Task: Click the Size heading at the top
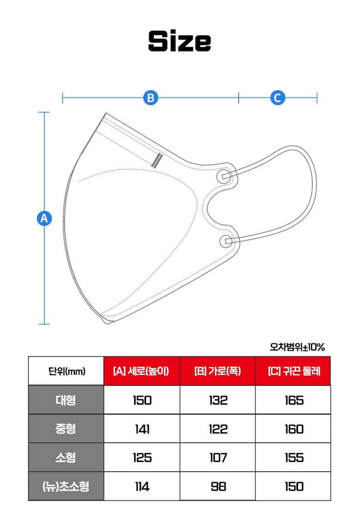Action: click(x=180, y=41)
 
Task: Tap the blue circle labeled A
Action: click(x=44, y=218)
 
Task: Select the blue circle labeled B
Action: click(x=150, y=97)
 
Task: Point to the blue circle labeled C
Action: click(x=277, y=97)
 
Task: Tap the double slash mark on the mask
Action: click(x=157, y=160)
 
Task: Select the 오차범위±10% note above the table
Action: click(x=297, y=347)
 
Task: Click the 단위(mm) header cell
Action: click(x=66, y=371)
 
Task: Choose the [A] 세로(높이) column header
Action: click(x=142, y=371)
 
